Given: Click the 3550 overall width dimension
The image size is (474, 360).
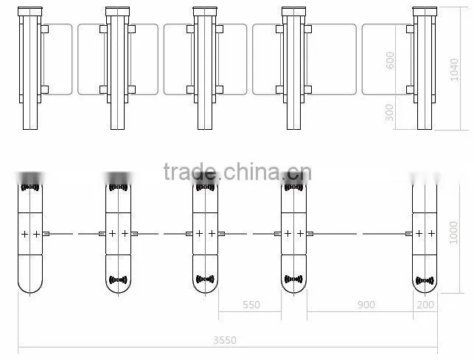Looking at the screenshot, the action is point(225,340).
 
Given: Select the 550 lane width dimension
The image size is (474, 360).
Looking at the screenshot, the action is point(251,305).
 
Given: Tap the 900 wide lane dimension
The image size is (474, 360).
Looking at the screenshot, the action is point(366,305).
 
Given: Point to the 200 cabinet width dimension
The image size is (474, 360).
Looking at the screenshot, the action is point(425,305).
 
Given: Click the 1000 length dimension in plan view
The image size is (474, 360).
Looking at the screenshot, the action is point(453,232).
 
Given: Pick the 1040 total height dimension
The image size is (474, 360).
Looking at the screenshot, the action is point(454,70).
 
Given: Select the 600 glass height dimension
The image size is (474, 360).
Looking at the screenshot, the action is point(390,60).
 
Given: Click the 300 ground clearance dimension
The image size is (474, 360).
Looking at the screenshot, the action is point(390,112).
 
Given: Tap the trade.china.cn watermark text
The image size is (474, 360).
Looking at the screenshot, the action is point(237,172).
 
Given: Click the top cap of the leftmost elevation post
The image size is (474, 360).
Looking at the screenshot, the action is point(30,12).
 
